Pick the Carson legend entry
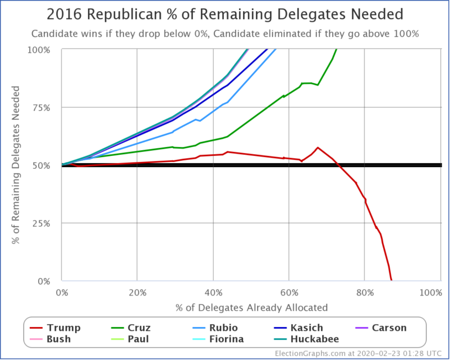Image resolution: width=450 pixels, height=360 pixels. pos(381,328)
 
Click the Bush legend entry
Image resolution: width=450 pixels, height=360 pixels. pos(51,339)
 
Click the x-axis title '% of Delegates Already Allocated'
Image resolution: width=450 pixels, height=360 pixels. pos(250,307)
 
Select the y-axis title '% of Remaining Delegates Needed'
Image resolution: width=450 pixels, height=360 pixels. pos(16,165)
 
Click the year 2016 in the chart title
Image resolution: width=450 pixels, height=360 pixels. pos(64,15)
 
